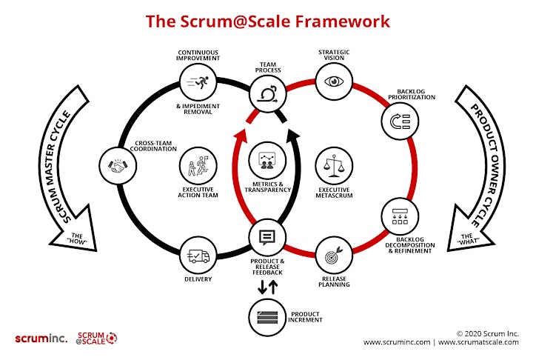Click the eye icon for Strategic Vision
[334, 81]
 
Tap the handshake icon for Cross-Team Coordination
[118, 166]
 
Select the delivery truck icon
[198, 256]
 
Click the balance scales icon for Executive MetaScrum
[334, 166]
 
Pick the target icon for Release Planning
[334, 256]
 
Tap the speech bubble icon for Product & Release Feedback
[267, 238]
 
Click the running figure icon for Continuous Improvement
[198, 82]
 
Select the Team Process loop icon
[267, 94]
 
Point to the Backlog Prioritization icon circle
[400, 121]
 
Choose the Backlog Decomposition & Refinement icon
[400, 216]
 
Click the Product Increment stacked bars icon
[267, 317]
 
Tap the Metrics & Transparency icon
[267, 160]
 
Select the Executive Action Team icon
[198, 166]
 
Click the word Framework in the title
[342, 21]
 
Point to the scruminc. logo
[41, 339]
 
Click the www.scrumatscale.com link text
[479, 342]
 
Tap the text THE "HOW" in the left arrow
[77, 239]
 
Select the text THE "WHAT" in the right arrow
[467, 239]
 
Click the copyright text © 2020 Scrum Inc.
[488, 333]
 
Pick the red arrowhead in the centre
[241, 135]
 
